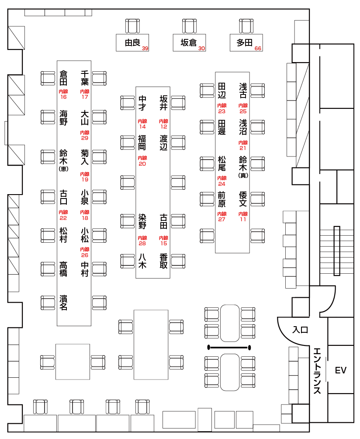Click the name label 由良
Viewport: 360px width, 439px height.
pyautogui.click(x=132, y=43)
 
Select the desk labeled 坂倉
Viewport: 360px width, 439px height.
pyautogui.click(x=189, y=42)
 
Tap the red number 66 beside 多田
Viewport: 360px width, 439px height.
pyautogui.click(x=258, y=49)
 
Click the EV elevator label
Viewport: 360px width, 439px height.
pyautogui.click(x=340, y=371)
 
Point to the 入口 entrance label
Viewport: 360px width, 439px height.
pyautogui.click(x=300, y=330)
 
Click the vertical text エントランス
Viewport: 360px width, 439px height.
pyautogui.click(x=318, y=370)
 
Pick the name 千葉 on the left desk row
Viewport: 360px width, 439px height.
pyautogui.click(x=85, y=78)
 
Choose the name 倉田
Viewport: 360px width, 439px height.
pyautogui.click(x=64, y=78)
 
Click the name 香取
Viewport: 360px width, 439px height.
pyautogui.click(x=163, y=261)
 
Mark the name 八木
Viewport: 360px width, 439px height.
pyautogui.click(x=142, y=261)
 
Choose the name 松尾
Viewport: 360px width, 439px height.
pyautogui.click(x=222, y=163)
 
